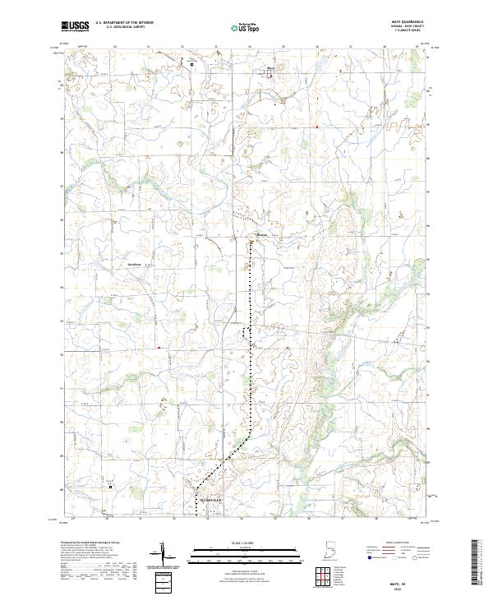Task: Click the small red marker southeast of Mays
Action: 316,127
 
